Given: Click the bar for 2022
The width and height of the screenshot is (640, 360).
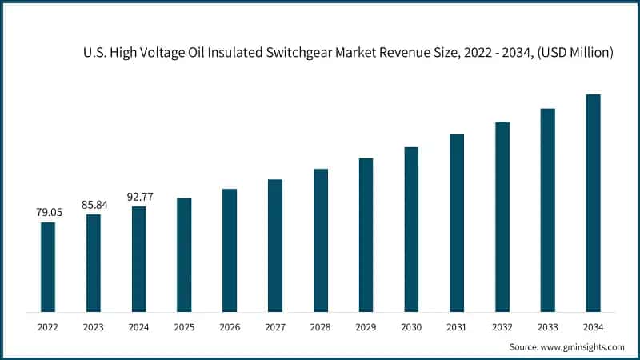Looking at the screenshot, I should point(48,266).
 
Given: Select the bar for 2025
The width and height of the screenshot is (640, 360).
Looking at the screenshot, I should point(184,254).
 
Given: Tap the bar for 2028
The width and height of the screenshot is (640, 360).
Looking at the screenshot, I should point(321,240).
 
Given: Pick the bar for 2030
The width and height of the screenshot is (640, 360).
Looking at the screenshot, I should point(411,229).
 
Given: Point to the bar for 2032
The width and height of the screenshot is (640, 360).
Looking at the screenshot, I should point(502,216).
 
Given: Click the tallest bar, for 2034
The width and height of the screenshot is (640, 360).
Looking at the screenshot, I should point(593,202).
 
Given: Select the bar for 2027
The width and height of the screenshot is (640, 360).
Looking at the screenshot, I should point(275,245).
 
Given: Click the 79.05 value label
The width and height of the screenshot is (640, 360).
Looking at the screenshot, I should point(48,212).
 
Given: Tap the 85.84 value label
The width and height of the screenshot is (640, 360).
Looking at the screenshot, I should point(94,205).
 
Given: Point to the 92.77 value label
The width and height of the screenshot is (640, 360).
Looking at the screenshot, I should point(139,196).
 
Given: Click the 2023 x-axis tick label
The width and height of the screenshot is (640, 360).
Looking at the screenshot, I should point(94,327).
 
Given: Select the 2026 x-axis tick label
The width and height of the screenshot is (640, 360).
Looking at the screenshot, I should point(230,327).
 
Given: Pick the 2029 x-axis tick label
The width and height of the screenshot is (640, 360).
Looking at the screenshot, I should point(366,327).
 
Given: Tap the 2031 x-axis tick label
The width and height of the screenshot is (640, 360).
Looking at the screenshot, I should point(457,327).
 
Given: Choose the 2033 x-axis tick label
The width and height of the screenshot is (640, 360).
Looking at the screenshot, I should point(547,327).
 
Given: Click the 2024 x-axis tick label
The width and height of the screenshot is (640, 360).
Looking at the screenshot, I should point(139,327).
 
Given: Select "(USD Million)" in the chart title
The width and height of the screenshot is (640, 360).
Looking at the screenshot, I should point(574,53).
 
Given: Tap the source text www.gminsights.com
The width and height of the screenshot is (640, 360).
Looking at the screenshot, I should point(582,347).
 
